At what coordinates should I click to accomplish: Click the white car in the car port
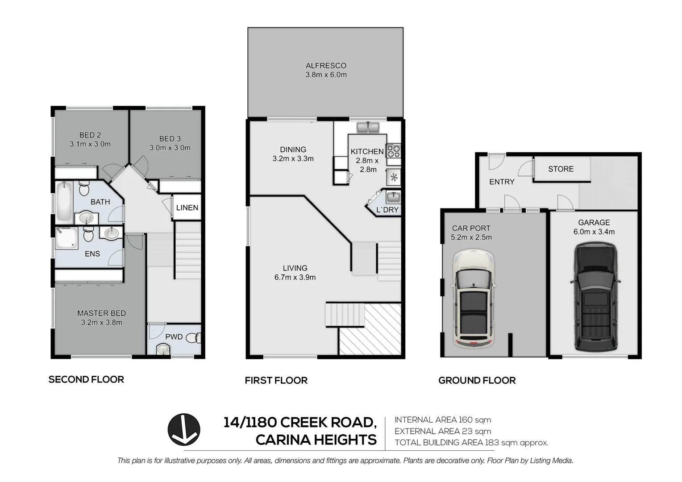(474, 299)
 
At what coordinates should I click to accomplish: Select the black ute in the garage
(595, 297)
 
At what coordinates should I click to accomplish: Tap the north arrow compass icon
(183, 429)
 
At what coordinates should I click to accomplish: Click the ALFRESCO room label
(326, 66)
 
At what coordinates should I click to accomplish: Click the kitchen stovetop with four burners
(393, 150)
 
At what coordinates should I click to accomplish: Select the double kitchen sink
(368, 128)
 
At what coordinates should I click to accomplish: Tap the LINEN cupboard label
(187, 208)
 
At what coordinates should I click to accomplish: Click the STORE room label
(561, 169)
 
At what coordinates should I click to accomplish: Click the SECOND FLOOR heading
(86, 379)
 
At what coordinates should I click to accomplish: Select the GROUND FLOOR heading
(477, 380)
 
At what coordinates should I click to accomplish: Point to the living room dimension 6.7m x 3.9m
(295, 277)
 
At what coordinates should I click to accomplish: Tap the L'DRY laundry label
(387, 210)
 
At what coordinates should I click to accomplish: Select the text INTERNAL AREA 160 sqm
(442, 420)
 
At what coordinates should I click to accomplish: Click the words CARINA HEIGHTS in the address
(316, 440)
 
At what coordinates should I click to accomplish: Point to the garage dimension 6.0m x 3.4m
(594, 232)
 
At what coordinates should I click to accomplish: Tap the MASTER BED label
(101, 313)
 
